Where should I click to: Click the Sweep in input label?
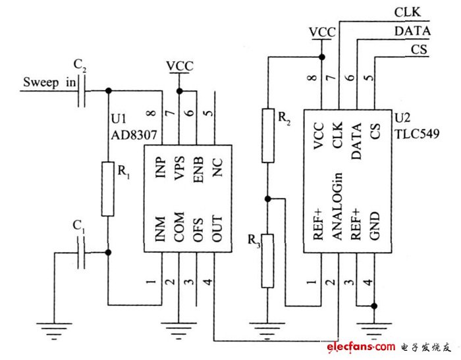click(49, 82)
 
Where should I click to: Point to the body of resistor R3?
click(267, 260)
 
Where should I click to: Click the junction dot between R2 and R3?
click(267, 198)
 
